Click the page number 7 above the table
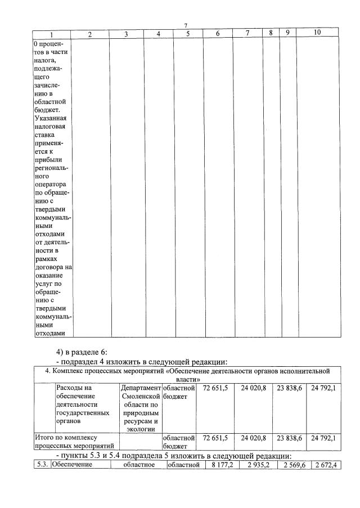tap(186, 25)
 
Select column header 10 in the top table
tap(317, 33)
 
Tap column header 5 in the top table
tap(188, 34)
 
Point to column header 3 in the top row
tap(126, 34)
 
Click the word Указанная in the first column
tap(51, 119)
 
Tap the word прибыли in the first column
tap(48, 160)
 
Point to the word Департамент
tap(141, 388)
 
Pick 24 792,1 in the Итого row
tap(323, 437)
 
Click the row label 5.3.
tap(40, 465)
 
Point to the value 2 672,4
tap(325, 465)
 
